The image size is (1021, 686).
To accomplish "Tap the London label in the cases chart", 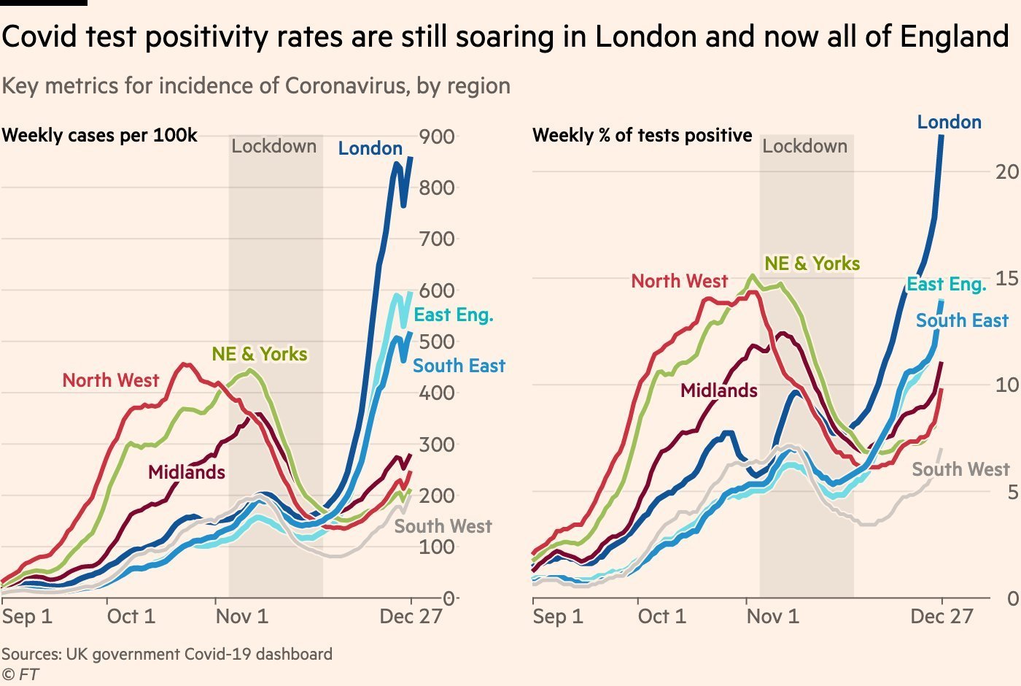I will (370, 149).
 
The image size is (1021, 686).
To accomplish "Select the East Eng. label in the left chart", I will (454, 315).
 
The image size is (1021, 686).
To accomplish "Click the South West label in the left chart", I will (443, 526).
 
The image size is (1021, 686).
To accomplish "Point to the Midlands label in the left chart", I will (187, 472).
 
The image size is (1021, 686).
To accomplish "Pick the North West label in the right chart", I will (679, 281).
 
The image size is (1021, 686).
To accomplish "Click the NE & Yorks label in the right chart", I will (812, 263).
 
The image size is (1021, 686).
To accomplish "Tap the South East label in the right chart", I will (962, 320).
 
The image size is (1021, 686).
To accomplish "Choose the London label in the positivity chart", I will (949, 122).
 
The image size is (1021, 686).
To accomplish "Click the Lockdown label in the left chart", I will (274, 147).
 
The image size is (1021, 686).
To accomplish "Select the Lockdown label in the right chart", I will (805, 147).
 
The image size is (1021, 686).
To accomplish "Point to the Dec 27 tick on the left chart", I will (411, 617).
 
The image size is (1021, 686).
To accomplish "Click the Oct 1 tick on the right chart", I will (661, 617).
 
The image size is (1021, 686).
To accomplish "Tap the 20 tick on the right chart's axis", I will (1007, 171).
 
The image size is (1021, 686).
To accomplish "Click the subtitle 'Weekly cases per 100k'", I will (99, 136).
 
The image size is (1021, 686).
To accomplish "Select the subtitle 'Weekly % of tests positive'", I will (643, 136).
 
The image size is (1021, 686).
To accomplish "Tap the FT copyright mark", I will (20, 674).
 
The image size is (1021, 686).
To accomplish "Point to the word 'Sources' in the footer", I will (31, 654).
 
